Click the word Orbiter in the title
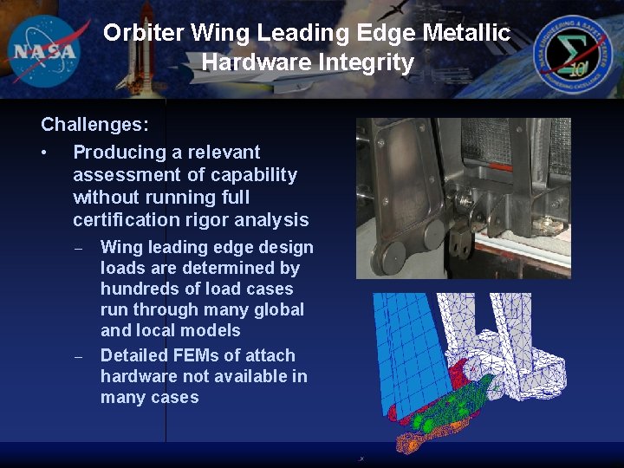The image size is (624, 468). [144, 34]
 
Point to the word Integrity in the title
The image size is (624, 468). [373, 62]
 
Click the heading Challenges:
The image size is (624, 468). [94, 124]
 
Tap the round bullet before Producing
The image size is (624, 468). [43, 153]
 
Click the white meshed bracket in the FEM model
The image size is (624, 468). [520, 347]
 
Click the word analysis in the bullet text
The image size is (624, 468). [270, 220]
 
